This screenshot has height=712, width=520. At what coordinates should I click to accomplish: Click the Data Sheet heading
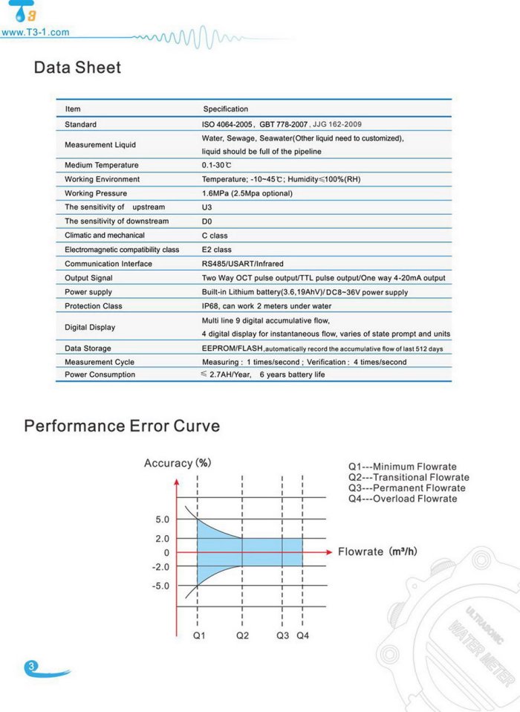tap(77, 68)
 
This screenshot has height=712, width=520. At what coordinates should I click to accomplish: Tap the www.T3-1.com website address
tap(36, 33)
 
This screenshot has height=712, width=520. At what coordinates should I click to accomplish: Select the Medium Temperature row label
tap(102, 165)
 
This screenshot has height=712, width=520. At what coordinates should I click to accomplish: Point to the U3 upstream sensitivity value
tap(207, 207)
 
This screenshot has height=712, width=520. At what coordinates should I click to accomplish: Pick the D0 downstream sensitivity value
tap(207, 221)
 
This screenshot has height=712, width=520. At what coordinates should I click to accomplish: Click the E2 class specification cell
tap(217, 250)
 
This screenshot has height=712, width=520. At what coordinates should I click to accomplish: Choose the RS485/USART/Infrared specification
tap(243, 264)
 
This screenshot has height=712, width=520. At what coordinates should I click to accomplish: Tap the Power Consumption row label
tap(100, 375)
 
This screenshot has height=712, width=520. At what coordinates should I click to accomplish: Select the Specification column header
tap(226, 109)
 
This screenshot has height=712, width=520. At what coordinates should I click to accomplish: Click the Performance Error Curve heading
tap(122, 426)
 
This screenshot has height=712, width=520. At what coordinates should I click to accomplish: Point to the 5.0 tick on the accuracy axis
tap(162, 520)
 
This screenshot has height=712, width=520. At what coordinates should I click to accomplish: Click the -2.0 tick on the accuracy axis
tap(160, 567)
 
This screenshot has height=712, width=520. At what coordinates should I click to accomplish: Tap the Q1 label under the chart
tap(198, 636)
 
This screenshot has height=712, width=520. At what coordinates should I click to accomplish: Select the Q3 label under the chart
tap(282, 636)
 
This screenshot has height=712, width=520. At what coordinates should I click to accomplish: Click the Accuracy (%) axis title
tap(178, 463)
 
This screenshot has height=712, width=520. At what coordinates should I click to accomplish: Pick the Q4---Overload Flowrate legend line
tap(403, 499)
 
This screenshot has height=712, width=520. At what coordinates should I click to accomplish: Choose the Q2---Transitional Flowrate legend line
tap(409, 477)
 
